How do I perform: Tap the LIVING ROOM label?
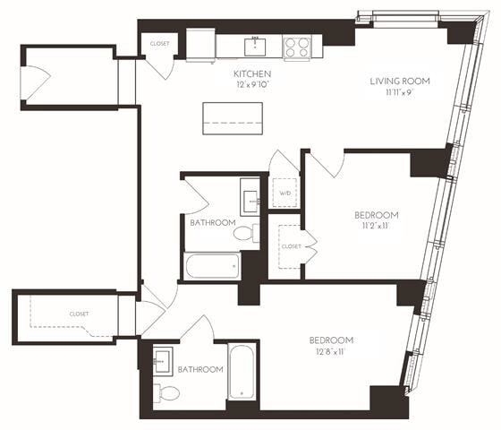pyautogui.click(x=400, y=82)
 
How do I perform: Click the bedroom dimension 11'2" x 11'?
pyautogui.click(x=376, y=227)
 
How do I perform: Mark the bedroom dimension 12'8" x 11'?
pyautogui.click(x=331, y=352)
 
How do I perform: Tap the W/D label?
pyautogui.click(x=284, y=193)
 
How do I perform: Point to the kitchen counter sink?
pyautogui.click(x=256, y=44)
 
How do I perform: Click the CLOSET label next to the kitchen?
pyautogui.click(x=160, y=43)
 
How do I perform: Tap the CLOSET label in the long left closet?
pyautogui.click(x=79, y=314)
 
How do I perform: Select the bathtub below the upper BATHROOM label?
pyautogui.click(x=212, y=265)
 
